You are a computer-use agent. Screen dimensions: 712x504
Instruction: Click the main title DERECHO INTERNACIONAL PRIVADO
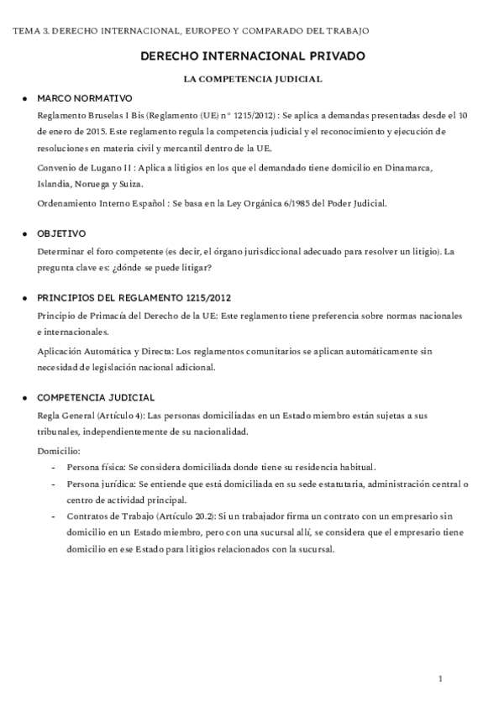[253, 56]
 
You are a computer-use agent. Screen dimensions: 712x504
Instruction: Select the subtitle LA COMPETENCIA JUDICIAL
[253, 79]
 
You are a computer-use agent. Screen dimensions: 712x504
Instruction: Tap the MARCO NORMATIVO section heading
[85, 98]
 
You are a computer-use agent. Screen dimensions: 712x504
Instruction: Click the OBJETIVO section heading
[61, 233]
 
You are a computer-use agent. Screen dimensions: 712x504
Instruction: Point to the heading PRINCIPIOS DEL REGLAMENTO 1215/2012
[134, 297]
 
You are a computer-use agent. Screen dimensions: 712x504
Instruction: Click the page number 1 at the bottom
[439, 678]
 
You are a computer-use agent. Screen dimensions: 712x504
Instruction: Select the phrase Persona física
[95, 467]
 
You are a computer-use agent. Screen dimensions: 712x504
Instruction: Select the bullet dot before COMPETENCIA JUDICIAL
[25, 397]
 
